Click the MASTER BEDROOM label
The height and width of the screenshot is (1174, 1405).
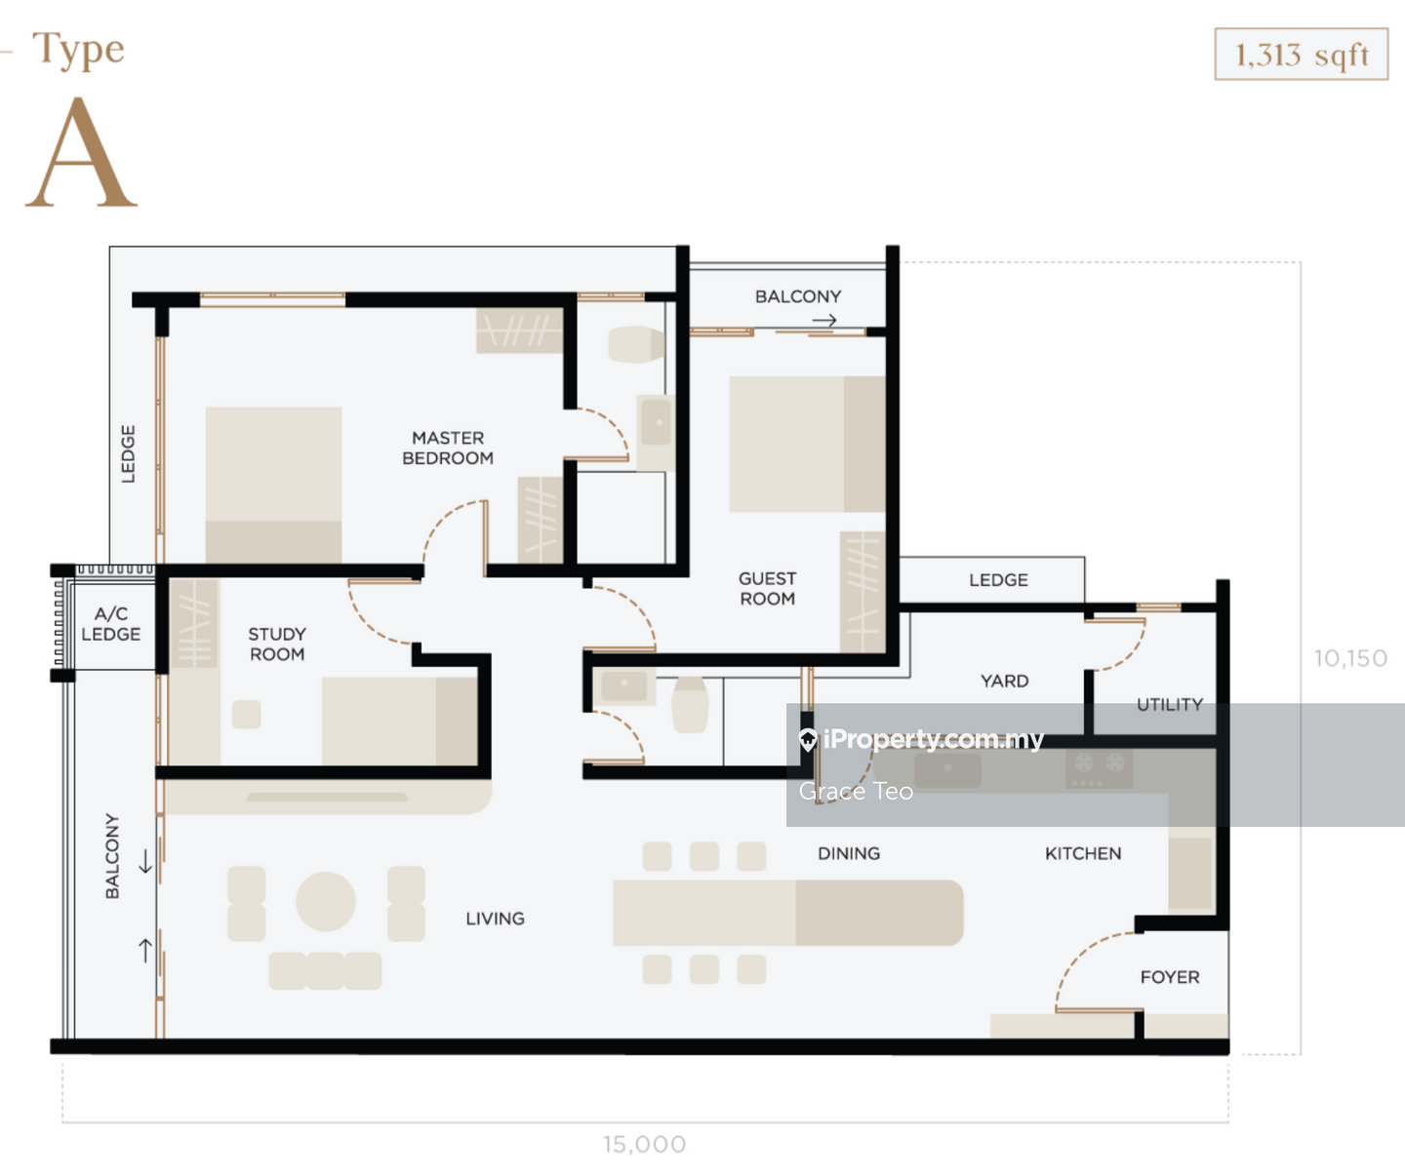point(448,448)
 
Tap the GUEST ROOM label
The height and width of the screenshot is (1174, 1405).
point(768,588)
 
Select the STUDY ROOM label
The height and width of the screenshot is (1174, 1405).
point(277,645)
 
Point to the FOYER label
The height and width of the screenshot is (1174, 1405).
point(1170,977)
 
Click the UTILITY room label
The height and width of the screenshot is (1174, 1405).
point(1170,705)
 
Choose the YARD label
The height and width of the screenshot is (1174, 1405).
point(1005,682)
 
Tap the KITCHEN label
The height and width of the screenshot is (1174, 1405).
point(1083,853)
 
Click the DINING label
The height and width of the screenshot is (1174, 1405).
point(849,853)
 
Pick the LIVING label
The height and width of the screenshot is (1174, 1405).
point(496,919)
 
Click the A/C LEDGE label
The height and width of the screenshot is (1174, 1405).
point(111,624)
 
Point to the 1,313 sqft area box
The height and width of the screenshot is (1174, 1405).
point(1302,54)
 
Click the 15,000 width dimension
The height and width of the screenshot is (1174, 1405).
point(645,1144)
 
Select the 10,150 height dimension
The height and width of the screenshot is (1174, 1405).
point(1350,658)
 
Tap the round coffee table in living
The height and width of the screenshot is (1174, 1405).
point(326,902)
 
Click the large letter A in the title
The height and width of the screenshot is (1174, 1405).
point(81,152)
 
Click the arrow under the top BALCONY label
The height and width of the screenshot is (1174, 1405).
point(824,320)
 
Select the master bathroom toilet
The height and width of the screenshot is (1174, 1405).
point(635,344)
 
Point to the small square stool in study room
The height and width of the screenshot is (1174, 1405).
point(246,714)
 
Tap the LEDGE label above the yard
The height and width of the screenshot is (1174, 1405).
point(998,580)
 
